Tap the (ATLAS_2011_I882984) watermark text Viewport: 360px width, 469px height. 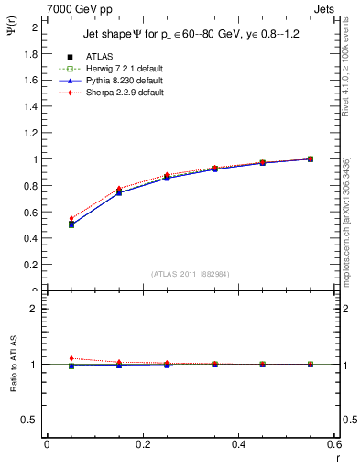click(x=190, y=274)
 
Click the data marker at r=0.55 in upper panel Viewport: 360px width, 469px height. click(x=311, y=158)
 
